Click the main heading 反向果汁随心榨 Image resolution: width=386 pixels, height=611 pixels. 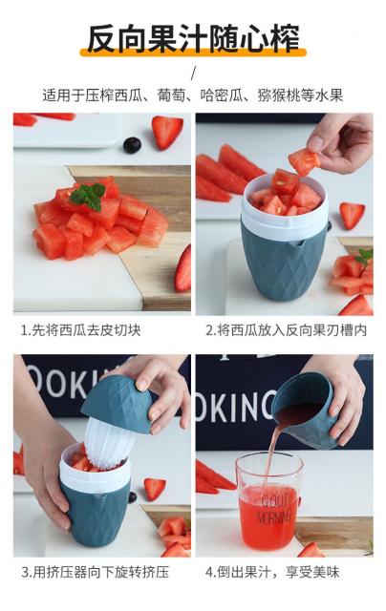coord(193,38)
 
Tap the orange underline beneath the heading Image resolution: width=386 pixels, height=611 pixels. coord(193,53)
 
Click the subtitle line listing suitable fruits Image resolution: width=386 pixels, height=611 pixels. coord(193,95)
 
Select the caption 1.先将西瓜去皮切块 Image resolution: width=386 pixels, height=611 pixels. coord(80,330)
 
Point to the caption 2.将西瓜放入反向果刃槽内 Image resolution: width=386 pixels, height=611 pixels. coord(287,330)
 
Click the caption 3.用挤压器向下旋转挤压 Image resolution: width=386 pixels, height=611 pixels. coord(96,573)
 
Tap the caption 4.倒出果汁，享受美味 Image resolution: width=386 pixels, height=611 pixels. coord(272,573)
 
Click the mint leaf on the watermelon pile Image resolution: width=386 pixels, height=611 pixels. coord(89,197)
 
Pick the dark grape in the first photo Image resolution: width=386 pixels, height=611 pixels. coord(132,145)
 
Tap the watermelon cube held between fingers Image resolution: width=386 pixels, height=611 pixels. coord(304,161)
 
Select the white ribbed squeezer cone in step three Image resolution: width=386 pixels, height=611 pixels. coord(108,442)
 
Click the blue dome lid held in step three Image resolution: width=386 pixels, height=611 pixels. coord(118,404)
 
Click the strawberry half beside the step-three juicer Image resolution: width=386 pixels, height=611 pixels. coord(155,488)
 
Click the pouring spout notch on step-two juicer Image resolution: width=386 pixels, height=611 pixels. coord(298,245)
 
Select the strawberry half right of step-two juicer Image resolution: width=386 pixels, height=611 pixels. coord(352,215)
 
